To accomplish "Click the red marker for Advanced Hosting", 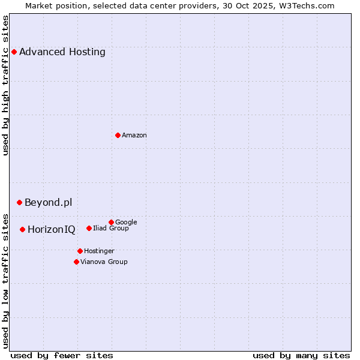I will click(14, 52).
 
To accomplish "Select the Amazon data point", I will click(118, 135).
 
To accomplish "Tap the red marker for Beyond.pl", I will click(19, 202).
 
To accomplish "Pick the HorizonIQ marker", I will click(22, 229).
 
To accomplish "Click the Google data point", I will click(111, 222).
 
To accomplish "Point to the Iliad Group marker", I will click(89, 228).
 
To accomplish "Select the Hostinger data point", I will click(80, 251).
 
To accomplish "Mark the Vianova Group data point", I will click(76, 262).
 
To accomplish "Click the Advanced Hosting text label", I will click(62, 52).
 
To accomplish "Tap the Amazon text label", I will click(134, 135).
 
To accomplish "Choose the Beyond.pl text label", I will click(48, 202).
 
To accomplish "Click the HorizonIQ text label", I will click(52, 229).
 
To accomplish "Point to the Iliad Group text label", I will click(111, 228).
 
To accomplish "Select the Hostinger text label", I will click(99, 251).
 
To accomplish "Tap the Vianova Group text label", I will click(104, 262).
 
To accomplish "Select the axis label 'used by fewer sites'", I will click(62, 355).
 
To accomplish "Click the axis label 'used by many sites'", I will click(301, 355).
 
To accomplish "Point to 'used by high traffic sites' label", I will click(5, 85).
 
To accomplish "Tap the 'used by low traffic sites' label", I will click(5, 281).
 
